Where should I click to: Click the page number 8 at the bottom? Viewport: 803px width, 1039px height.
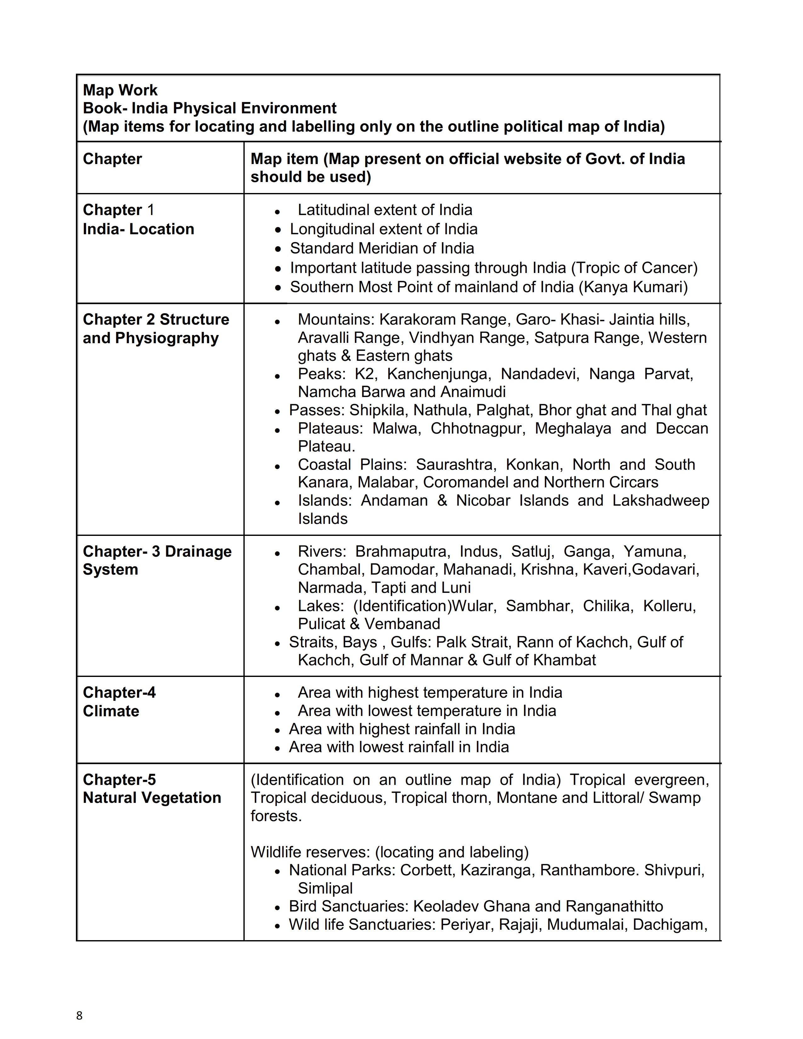[x=79, y=1016]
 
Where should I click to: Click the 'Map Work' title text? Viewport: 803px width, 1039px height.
[x=120, y=90]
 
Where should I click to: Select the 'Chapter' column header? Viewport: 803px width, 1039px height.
[x=112, y=159]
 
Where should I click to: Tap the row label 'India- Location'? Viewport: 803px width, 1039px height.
[x=139, y=229]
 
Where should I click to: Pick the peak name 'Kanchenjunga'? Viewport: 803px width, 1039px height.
[x=438, y=374]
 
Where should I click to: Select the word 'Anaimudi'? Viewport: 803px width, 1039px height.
[x=473, y=392]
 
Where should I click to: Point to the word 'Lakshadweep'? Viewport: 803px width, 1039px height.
[x=661, y=501]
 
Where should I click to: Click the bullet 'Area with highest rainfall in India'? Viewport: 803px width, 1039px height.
[x=401, y=729]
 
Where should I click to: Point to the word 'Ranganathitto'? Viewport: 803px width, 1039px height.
[x=615, y=906]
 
